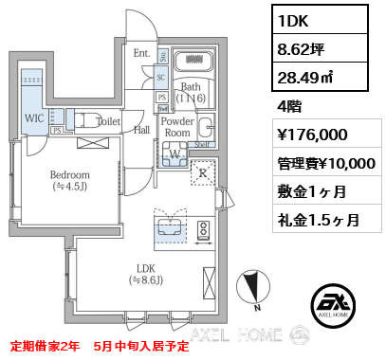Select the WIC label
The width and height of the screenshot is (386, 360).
coord(32,119)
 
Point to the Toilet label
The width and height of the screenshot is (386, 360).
coord(108,121)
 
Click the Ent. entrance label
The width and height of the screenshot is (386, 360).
coord(141,53)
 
